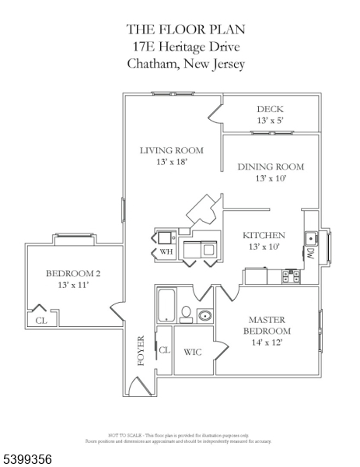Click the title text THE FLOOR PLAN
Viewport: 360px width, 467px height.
pyautogui.click(x=186, y=30)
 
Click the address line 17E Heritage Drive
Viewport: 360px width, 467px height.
pyautogui.click(x=186, y=47)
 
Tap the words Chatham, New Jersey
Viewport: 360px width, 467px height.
pyautogui.click(x=186, y=64)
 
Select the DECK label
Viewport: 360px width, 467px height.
pyautogui.click(x=270, y=109)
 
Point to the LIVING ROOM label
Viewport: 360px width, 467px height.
pyautogui.click(x=172, y=150)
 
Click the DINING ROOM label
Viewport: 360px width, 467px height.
pyautogui.click(x=270, y=167)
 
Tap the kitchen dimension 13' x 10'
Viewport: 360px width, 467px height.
pyautogui.click(x=264, y=247)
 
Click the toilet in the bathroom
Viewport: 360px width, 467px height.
pyautogui.click(x=187, y=314)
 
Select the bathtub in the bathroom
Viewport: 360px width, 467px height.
pyautogui.click(x=166, y=305)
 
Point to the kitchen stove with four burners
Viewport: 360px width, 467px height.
pyautogui.click(x=292, y=276)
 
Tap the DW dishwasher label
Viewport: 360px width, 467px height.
pyautogui.click(x=310, y=254)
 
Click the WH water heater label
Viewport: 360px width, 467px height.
pyautogui.click(x=166, y=252)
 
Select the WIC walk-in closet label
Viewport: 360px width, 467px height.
pyautogui.click(x=193, y=352)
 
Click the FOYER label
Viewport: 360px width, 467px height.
pyautogui.click(x=141, y=350)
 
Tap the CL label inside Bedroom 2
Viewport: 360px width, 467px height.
pyautogui.click(x=40, y=320)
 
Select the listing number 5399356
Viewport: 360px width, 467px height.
pyautogui.click(x=27, y=459)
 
